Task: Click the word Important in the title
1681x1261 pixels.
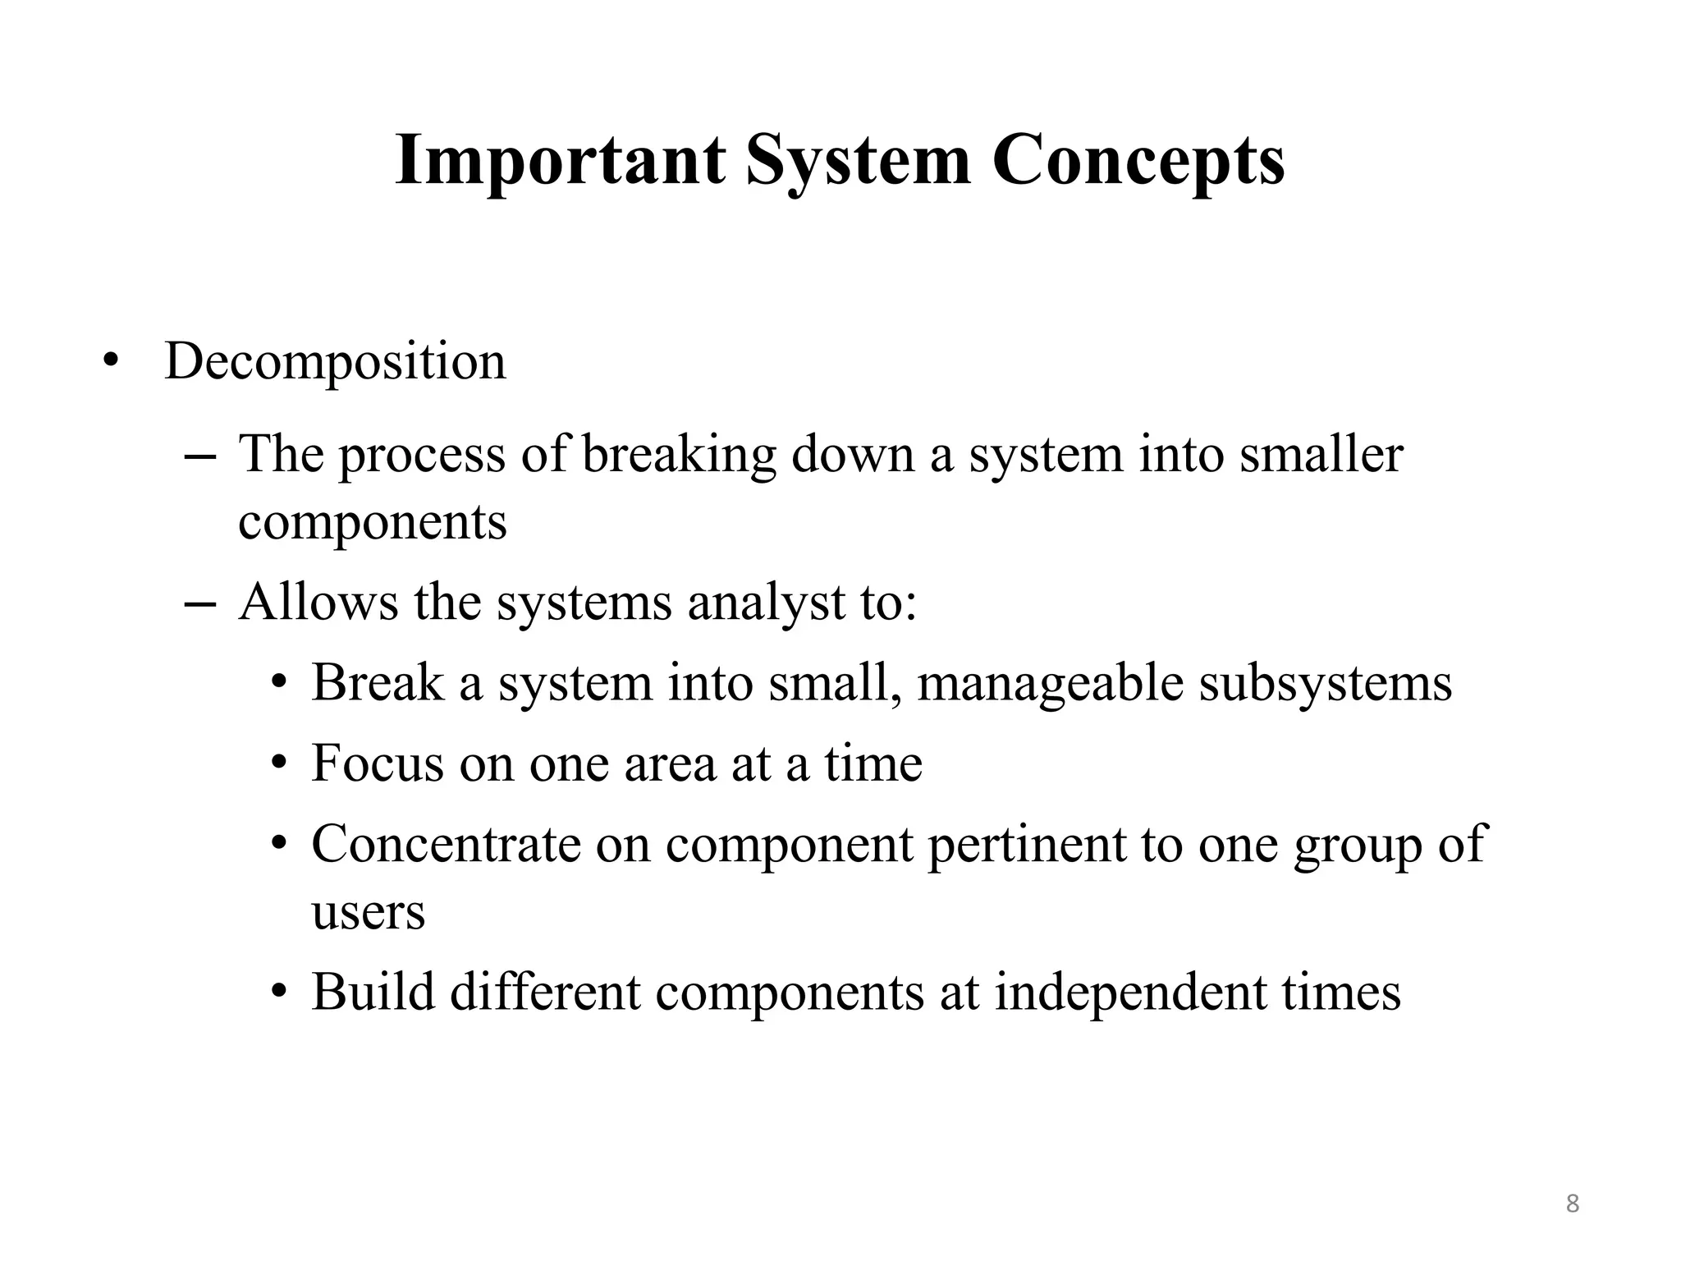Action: (x=560, y=161)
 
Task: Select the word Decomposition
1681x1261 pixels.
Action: (x=335, y=362)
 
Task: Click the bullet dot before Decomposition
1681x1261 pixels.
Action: (x=110, y=362)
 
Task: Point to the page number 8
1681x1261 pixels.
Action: (x=1572, y=1204)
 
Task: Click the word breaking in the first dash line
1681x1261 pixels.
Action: (x=679, y=455)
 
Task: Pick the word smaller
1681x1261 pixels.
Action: (x=1321, y=455)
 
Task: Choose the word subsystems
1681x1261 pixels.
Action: (x=1325, y=684)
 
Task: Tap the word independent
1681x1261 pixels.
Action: (x=1130, y=992)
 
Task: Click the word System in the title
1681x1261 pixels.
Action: (x=859, y=161)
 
